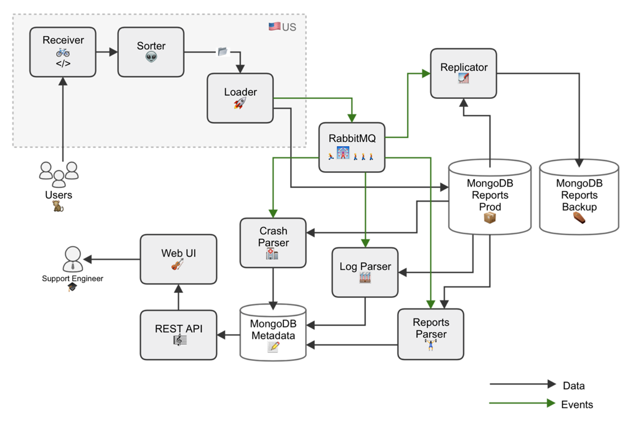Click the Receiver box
[63, 52]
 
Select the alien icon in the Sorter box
[151, 57]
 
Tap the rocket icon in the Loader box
[240, 103]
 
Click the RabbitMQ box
[352, 147]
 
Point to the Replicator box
[464, 73]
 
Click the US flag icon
[274, 27]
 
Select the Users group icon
[59, 174]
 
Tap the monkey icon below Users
[58, 207]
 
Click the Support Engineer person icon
[73, 259]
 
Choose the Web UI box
[179, 259]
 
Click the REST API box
[179, 335]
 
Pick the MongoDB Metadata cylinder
[273, 332]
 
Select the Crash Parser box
[273, 243]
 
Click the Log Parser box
[365, 272]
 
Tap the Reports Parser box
[431, 335]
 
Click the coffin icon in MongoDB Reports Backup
[579, 218]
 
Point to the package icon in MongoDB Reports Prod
[490, 218]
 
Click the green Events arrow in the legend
[522, 403]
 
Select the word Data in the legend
[574, 386]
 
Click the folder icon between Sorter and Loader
[222, 52]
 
